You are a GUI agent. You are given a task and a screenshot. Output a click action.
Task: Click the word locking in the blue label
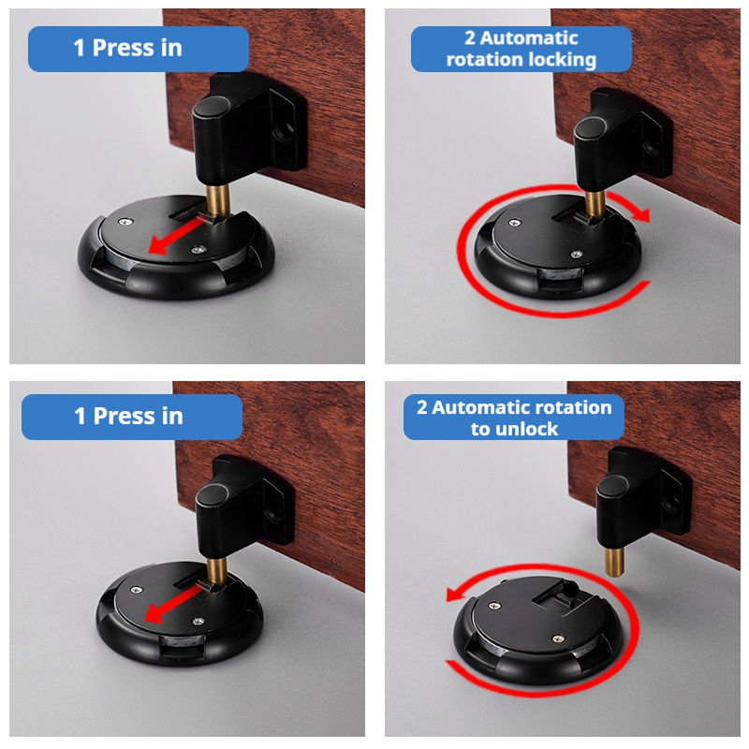561,60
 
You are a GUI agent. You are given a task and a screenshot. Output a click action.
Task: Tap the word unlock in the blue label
527,429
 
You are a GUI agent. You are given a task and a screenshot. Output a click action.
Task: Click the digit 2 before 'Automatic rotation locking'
470,38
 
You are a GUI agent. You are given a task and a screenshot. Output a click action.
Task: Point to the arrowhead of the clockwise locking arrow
642,214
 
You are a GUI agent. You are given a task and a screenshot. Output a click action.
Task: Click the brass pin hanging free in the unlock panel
614,563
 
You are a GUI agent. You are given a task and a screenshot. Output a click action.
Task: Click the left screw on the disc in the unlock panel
494,606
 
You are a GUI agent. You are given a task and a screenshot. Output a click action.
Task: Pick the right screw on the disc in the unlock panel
557,639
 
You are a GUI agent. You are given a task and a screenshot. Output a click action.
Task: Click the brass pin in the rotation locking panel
595,203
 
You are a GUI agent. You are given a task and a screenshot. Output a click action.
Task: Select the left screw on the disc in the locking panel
515,223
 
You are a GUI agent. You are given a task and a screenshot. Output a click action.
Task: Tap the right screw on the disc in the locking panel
577,255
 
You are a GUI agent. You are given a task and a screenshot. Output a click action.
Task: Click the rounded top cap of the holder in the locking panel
591,127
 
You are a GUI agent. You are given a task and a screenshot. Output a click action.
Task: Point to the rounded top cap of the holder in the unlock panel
612,486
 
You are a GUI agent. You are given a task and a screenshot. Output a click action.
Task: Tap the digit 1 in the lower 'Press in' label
80,416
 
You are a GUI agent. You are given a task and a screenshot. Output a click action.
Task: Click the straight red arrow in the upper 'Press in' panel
177,236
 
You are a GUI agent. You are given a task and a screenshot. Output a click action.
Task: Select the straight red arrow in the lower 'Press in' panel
173,606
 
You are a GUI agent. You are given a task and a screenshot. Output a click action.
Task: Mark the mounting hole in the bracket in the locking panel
650,148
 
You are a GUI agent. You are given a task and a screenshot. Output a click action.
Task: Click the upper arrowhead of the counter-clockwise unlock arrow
455,595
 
